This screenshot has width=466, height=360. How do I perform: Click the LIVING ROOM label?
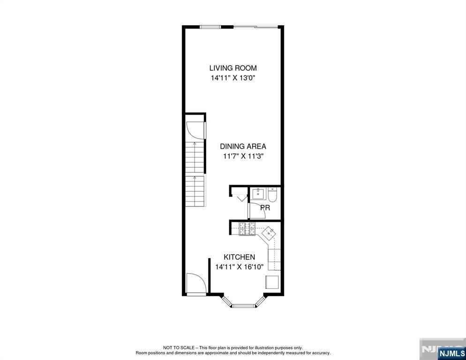(x=233, y=68)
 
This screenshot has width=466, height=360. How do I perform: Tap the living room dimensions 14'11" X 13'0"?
(x=233, y=78)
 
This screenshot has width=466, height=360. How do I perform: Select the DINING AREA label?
(x=243, y=146)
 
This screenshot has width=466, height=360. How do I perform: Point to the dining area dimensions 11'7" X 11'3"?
(x=243, y=156)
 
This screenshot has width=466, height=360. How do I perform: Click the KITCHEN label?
(x=239, y=257)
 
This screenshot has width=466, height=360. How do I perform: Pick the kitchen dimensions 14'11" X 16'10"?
(x=240, y=267)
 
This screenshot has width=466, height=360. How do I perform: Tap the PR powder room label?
(x=265, y=208)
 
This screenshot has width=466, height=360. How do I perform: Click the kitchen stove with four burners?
(x=247, y=229)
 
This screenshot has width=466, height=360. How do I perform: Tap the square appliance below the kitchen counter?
(x=272, y=282)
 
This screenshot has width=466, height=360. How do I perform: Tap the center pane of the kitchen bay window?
(x=243, y=306)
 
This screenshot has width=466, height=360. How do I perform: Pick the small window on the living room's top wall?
(x=210, y=27)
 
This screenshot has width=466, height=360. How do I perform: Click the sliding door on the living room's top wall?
(x=256, y=27)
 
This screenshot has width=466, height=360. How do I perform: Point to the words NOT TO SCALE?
(x=179, y=347)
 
